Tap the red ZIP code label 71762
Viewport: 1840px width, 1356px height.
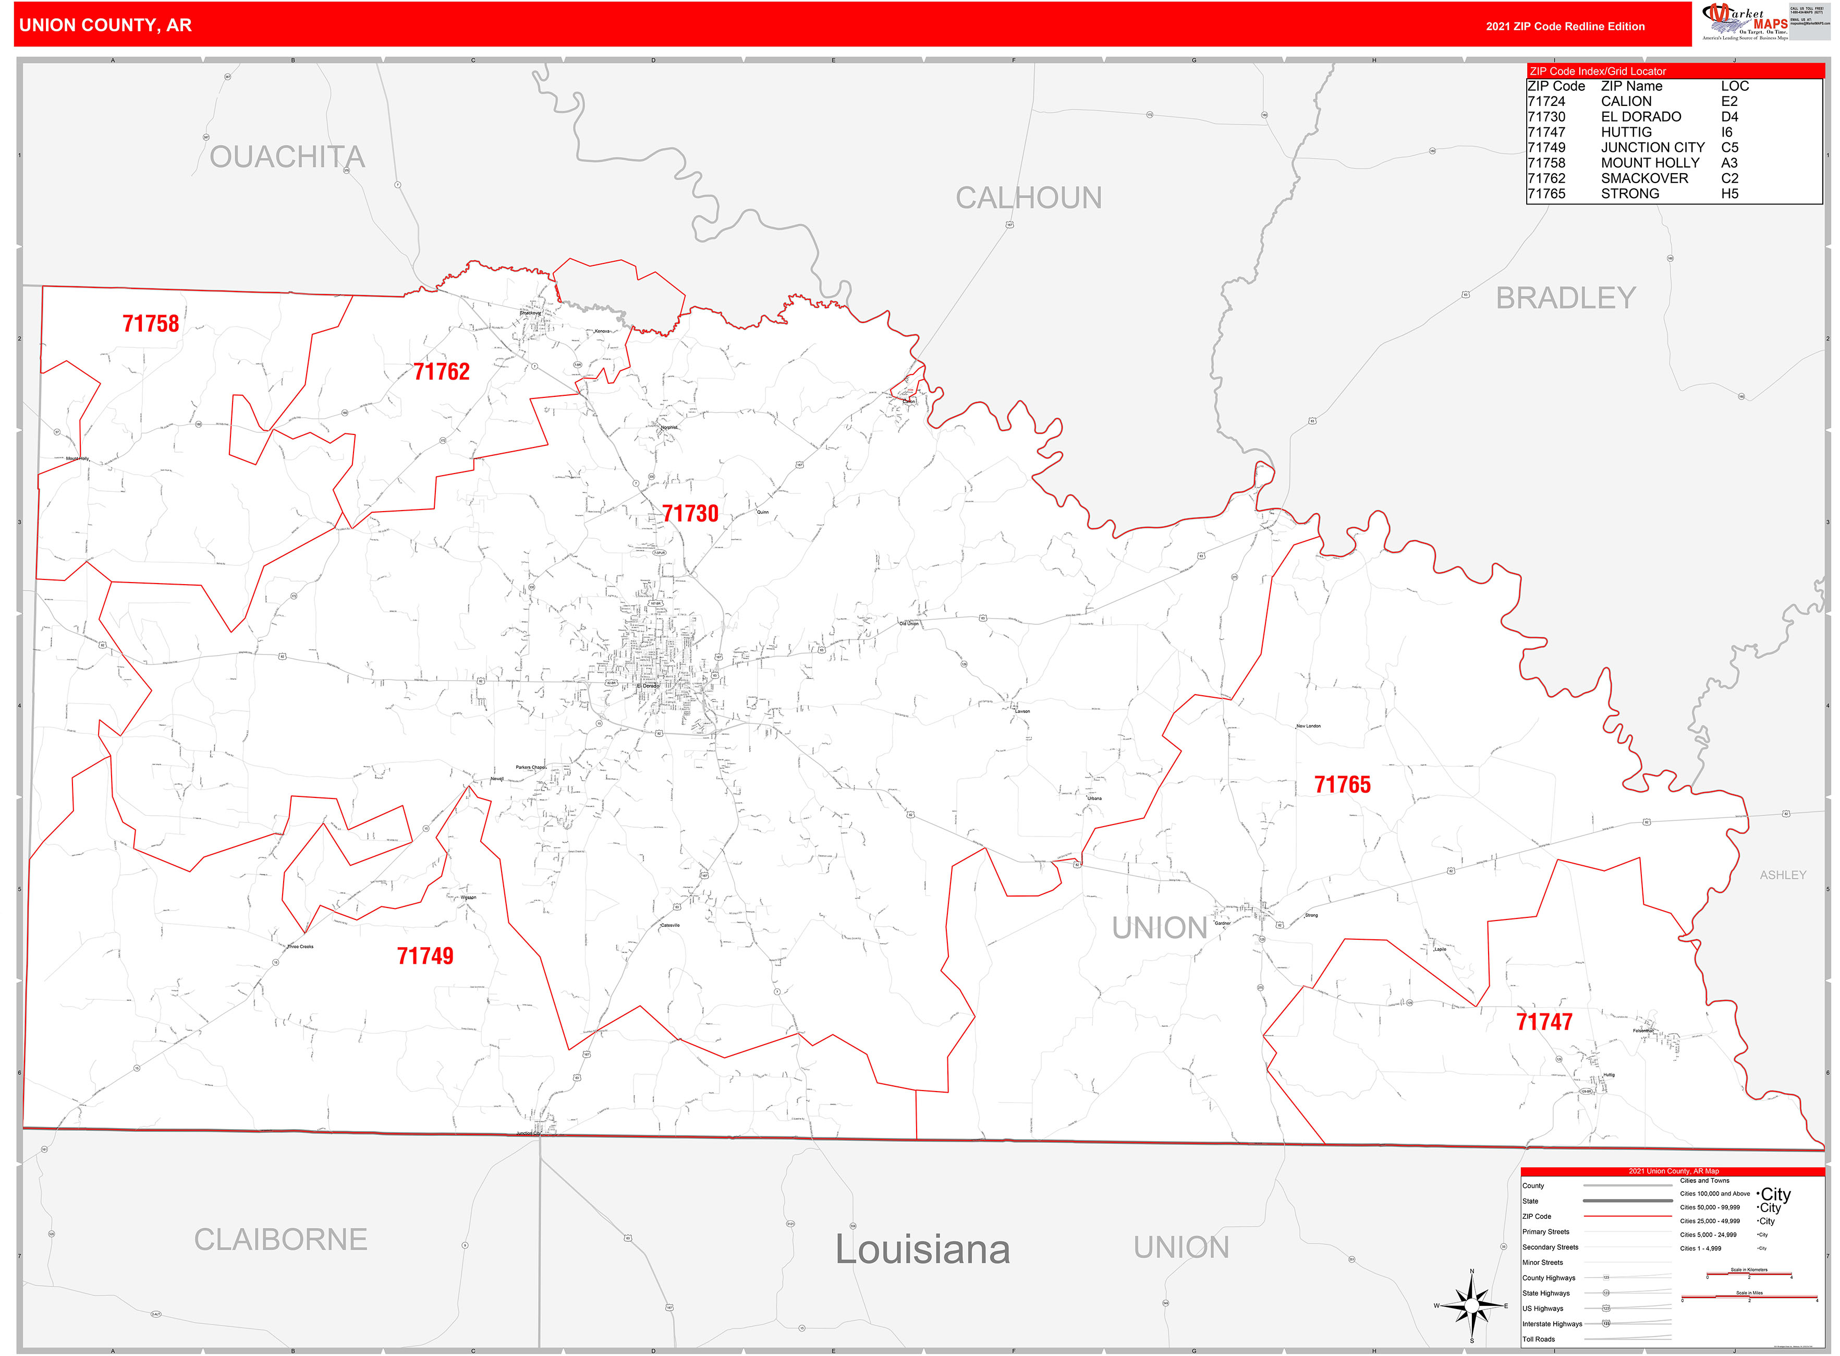[442, 372]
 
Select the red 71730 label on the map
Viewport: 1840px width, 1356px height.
[690, 514]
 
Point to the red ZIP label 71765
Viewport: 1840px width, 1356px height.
[1342, 785]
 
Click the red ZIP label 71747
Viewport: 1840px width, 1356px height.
[1544, 1022]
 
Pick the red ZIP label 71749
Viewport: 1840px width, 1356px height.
[425, 955]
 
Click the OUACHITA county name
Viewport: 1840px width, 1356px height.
[286, 157]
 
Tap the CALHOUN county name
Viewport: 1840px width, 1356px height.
[1028, 198]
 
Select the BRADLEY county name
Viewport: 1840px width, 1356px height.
[1565, 298]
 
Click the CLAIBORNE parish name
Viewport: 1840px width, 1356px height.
[280, 1240]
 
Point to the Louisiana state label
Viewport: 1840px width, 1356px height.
[922, 1249]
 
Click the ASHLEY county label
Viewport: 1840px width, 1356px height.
[1783, 875]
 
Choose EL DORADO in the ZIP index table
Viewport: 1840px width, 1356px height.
[1641, 116]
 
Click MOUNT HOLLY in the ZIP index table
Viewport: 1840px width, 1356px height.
[1650, 163]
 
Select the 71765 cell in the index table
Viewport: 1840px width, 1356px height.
[1546, 193]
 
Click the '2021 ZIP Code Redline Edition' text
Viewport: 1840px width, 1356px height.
[1564, 26]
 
